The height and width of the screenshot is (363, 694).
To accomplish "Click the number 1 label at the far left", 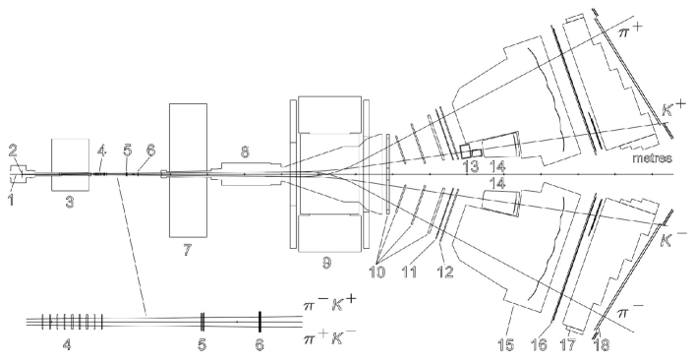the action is coord(11,199).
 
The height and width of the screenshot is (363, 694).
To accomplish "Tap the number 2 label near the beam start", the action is coord(13,151).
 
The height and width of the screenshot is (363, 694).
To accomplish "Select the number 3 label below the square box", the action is coord(70,203).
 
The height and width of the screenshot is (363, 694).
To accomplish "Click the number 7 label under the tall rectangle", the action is coord(187,250).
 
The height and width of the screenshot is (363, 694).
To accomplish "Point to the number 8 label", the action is coord(245,151).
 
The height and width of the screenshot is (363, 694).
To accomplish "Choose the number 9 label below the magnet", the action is coord(326,263).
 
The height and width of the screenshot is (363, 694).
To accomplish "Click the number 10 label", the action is coord(376,272).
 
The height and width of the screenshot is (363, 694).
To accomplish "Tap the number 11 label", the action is coord(409,272).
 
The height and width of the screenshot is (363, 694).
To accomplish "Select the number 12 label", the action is coord(445,272).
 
